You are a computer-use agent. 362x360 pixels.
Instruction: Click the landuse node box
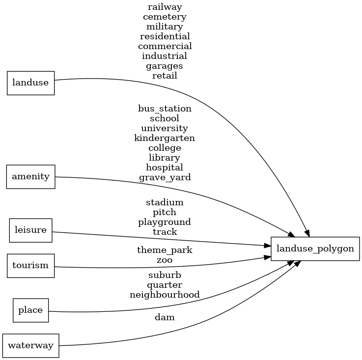[30, 83]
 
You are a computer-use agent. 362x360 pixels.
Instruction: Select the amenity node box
[30, 177]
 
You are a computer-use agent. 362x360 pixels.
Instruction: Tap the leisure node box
[30, 230]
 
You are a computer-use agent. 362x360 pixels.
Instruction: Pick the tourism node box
[30, 266]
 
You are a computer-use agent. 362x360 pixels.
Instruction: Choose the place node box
[30, 310]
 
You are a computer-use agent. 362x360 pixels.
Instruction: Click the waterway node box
[30, 346]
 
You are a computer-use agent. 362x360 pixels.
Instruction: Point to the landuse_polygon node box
[315, 249]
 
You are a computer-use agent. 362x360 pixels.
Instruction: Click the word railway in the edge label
[165, 7]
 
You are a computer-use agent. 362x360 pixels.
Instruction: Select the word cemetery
[165, 17]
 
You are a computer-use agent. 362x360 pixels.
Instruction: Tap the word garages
[165, 66]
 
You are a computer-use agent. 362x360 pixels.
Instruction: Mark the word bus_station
[165, 109]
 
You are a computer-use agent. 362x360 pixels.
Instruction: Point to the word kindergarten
[165, 138]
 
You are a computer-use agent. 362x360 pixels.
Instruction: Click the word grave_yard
[165, 177]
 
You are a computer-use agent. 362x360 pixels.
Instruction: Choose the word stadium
[165, 202]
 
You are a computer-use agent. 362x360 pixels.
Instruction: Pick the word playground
[165, 222]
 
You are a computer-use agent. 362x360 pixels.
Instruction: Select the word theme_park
[165, 250]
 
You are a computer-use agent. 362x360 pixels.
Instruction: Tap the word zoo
[165, 260]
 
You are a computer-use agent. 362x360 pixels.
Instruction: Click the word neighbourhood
[165, 295]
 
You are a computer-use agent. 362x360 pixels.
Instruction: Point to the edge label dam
[165, 318]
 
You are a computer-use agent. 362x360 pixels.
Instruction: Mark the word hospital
[165, 167]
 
